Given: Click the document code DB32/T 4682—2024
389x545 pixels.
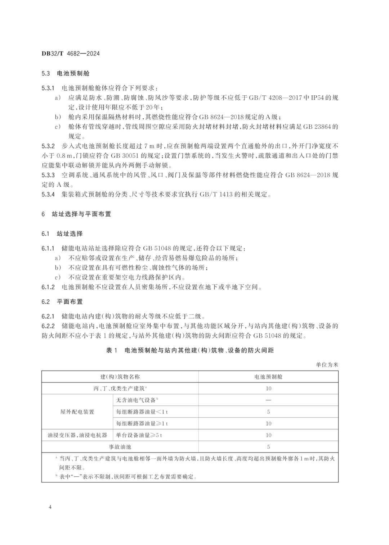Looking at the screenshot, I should pyautogui.click(x=70, y=54).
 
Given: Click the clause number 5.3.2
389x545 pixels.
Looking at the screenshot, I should pyautogui.click(x=48, y=146).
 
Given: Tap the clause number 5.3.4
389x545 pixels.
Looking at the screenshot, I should pyautogui.click(x=48, y=194).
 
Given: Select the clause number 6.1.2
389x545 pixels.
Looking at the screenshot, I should pyautogui.click(x=48, y=287).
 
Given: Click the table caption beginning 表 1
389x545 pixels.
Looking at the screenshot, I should pyautogui.click(x=190, y=350).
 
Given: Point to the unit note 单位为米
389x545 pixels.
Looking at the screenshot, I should pyautogui.click(x=327, y=364).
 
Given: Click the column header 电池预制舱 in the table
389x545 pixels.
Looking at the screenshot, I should pyautogui.click(x=268, y=377).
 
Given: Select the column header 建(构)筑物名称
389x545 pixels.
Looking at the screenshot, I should pyautogui.click(x=120, y=377).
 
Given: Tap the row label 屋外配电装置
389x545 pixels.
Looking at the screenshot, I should pyautogui.click(x=77, y=412).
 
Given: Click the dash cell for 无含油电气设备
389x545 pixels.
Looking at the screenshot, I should pyautogui.click(x=268, y=400).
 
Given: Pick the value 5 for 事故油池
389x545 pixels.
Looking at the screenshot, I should pyautogui.click(x=268, y=447).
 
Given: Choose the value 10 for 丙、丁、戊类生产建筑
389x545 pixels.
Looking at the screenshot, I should pyautogui.click(x=268, y=389).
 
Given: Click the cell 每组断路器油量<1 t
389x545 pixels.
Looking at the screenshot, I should pyautogui.click(x=142, y=412).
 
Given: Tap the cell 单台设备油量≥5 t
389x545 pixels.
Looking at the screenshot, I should pyautogui.click(x=139, y=435).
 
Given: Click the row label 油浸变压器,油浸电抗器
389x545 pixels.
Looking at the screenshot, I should pyautogui.click(x=77, y=435).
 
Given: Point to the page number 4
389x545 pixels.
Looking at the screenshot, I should pyautogui.click(x=50, y=507).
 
